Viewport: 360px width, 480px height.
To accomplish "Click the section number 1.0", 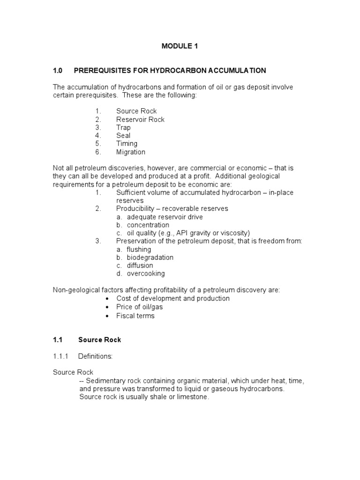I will click(x=58, y=70).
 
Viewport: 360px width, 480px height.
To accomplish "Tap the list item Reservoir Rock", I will click(x=140, y=119).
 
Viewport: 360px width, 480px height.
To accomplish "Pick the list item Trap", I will click(x=123, y=127).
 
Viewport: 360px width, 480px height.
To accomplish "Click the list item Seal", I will click(x=123, y=135).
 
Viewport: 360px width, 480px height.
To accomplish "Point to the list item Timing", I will click(x=127, y=143).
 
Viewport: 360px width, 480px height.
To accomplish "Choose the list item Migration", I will click(x=130, y=152).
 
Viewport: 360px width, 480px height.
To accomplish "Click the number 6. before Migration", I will click(x=97, y=152).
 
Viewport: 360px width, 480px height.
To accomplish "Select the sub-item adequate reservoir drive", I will click(x=165, y=217).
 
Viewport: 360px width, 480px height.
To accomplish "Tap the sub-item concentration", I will click(x=148, y=225).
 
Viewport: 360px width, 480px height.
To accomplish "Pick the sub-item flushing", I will click(x=139, y=249).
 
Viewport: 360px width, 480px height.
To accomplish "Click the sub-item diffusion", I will click(x=140, y=265).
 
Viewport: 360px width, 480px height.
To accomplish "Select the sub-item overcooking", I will click(x=145, y=273).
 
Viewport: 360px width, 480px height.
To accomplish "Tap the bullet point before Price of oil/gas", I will click(x=108, y=307).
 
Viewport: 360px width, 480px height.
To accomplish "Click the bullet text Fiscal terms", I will click(x=135, y=315).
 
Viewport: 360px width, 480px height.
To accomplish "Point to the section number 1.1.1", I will click(x=60, y=356).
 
